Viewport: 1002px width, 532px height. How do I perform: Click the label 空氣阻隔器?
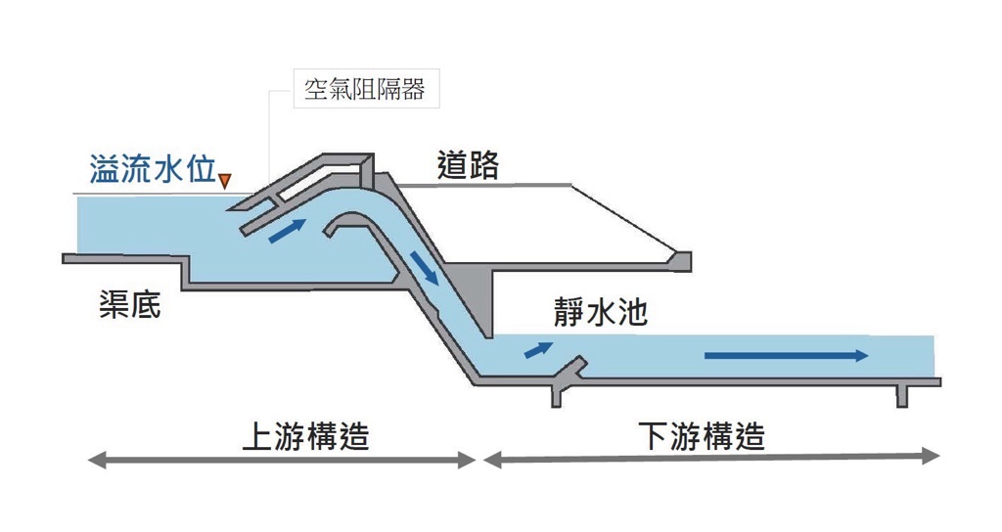click(x=365, y=91)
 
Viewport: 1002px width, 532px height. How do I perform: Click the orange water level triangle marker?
click(x=225, y=180)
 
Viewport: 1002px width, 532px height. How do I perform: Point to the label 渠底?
click(x=129, y=305)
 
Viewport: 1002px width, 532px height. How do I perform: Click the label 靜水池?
click(x=600, y=314)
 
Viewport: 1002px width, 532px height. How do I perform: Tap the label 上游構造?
click(x=305, y=436)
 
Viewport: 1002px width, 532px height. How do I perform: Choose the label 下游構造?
click(x=702, y=436)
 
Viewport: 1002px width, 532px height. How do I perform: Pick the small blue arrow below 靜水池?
click(x=537, y=348)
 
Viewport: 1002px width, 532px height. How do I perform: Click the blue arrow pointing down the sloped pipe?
click(x=425, y=266)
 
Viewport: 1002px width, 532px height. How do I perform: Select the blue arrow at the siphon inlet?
click(x=288, y=229)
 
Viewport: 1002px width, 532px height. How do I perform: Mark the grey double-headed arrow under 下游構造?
click(x=712, y=458)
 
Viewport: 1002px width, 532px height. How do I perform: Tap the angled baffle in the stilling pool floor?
click(x=570, y=371)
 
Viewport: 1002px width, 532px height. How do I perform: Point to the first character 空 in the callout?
click(x=314, y=91)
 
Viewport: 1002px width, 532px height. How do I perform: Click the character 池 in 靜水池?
click(x=631, y=314)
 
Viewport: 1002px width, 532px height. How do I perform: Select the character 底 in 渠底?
click(x=145, y=305)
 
